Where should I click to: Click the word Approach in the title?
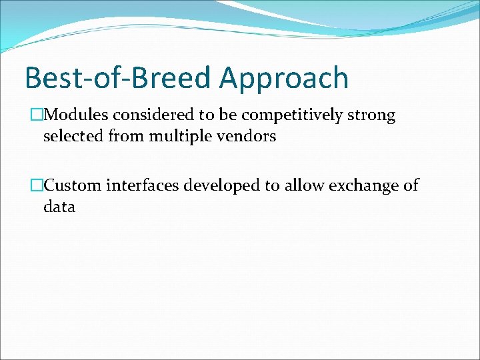[x=284, y=79]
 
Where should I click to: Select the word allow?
[x=303, y=185]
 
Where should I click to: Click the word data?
[x=59, y=207]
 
